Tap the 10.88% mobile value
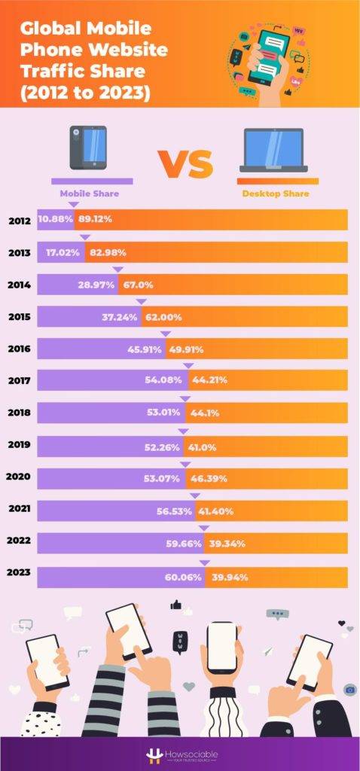(54, 220)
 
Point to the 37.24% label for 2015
(119, 317)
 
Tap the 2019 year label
(19, 444)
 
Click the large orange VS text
(185, 163)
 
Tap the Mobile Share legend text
(89, 194)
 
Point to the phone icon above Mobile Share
(88, 147)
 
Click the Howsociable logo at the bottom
(179, 755)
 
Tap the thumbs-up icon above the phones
(176, 604)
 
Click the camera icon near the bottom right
(349, 689)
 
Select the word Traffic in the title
(48, 74)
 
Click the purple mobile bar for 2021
(113, 510)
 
